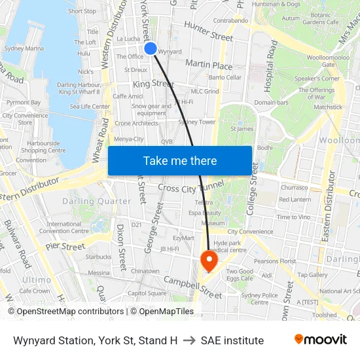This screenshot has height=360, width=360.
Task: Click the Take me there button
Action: (x=180, y=160)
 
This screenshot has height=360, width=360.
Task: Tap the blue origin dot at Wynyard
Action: (x=151, y=48)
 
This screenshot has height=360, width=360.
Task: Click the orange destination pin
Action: (x=209, y=261)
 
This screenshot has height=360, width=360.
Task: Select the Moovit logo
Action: (x=320, y=340)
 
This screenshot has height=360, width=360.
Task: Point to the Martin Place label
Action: (x=209, y=65)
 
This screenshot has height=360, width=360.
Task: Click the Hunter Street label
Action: (x=208, y=31)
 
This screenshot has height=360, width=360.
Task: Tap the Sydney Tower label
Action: (x=196, y=122)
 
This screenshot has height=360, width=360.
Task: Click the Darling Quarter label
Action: (x=96, y=202)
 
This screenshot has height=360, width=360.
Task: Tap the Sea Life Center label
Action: (x=90, y=106)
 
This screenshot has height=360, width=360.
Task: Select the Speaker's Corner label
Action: (x=317, y=79)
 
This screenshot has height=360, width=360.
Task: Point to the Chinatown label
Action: (x=145, y=271)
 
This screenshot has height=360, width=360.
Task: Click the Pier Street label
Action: (x=65, y=247)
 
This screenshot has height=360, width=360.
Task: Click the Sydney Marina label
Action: (x=24, y=48)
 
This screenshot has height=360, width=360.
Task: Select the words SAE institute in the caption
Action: (x=232, y=340)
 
